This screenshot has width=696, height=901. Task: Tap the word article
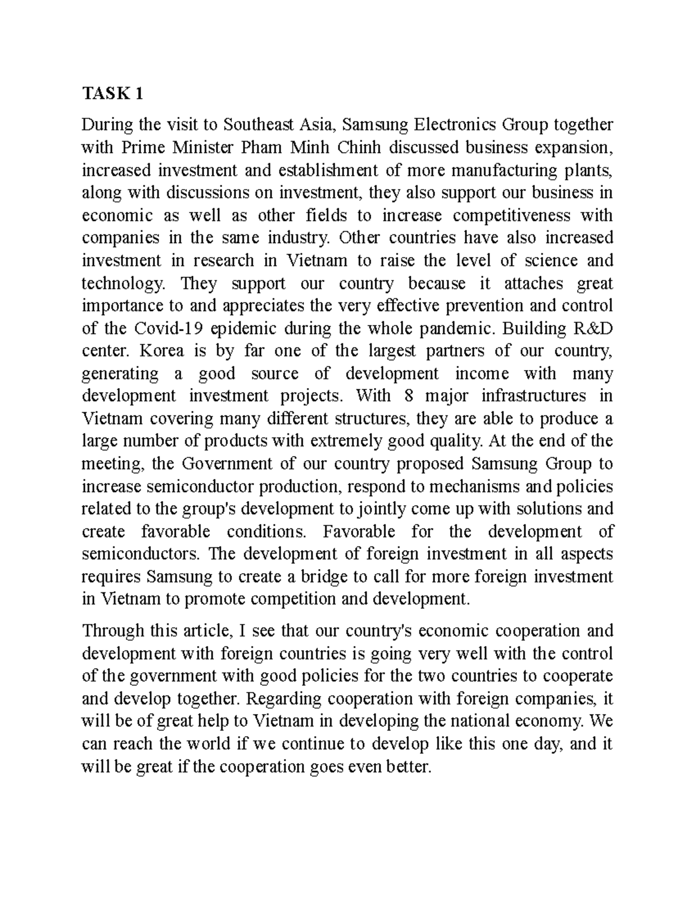(205, 631)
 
